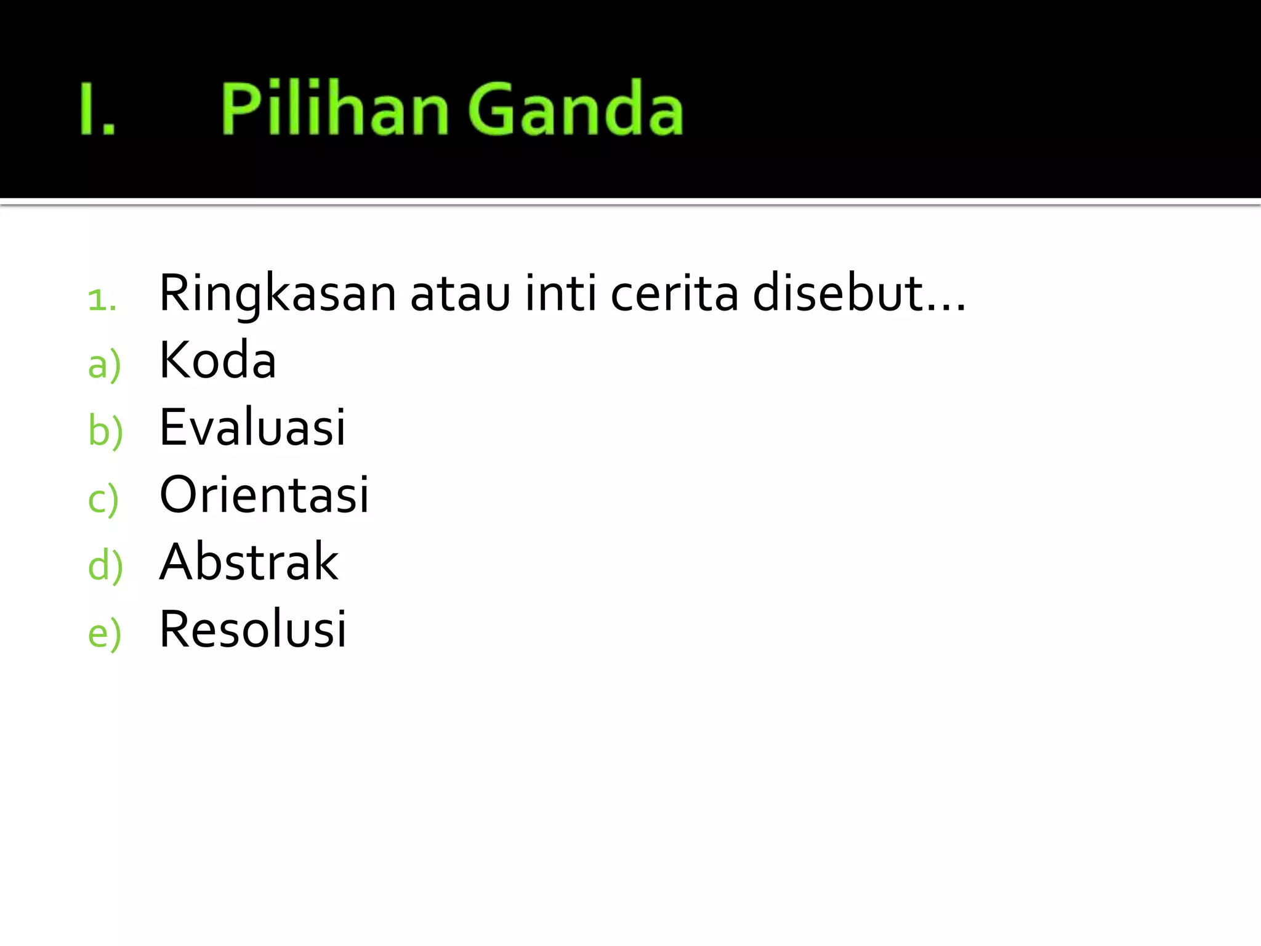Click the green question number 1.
[102, 300]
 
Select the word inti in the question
[560, 293]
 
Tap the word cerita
[674, 293]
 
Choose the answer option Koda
[217, 360]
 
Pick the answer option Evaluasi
[252, 427]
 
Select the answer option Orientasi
[264, 495]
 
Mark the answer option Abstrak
[249, 562]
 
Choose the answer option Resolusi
[252, 629]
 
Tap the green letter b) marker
[105, 431]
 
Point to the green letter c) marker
[103, 499]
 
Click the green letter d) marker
[105, 566]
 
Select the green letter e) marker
[104, 634]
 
